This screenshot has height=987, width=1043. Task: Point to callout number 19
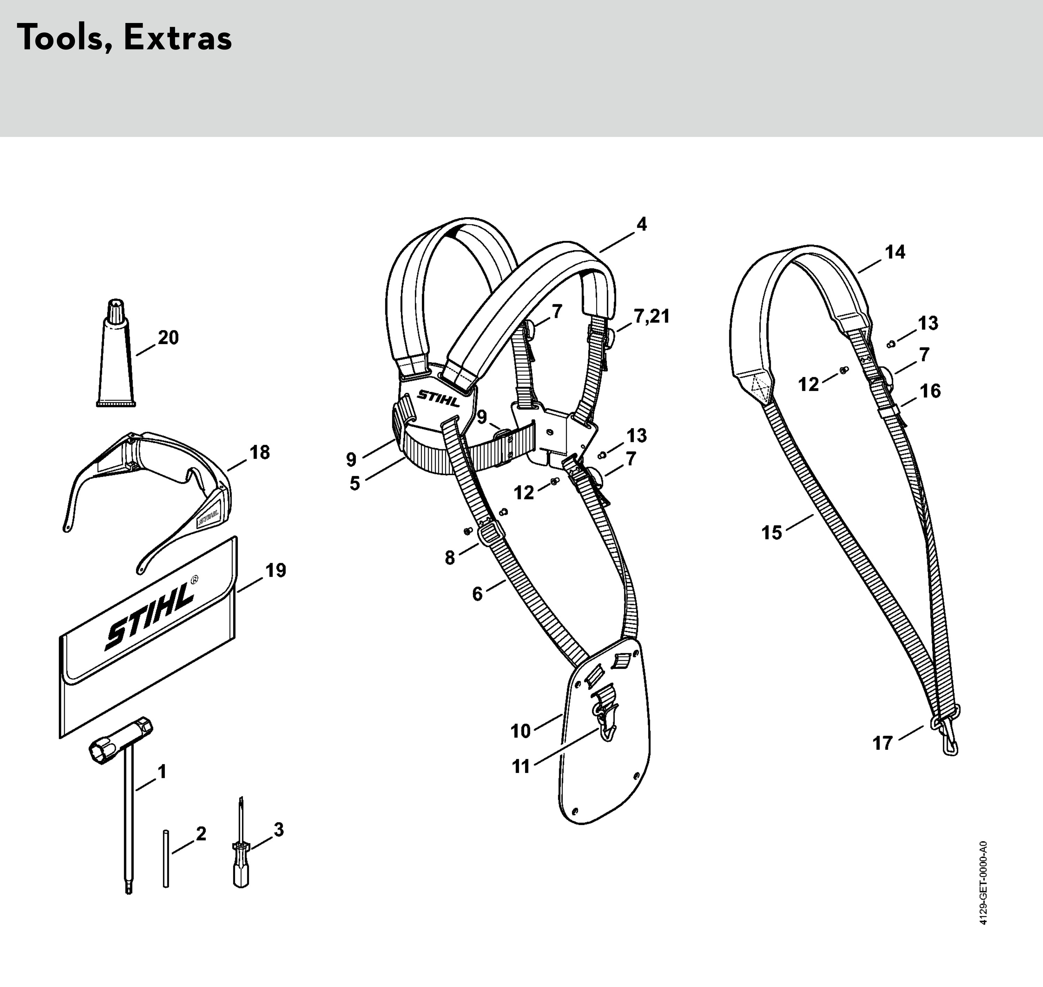(x=276, y=570)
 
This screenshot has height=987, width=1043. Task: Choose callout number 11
(x=521, y=766)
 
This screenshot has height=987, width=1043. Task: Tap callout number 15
(x=772, y=533)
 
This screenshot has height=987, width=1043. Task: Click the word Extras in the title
(x=178, y=38)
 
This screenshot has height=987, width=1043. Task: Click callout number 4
(x=641, y=224)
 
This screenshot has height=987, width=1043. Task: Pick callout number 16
(x=930, y=391)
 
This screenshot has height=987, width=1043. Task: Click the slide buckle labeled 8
(x=491, y=535)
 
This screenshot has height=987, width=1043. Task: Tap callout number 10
(x=521, y=731)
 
